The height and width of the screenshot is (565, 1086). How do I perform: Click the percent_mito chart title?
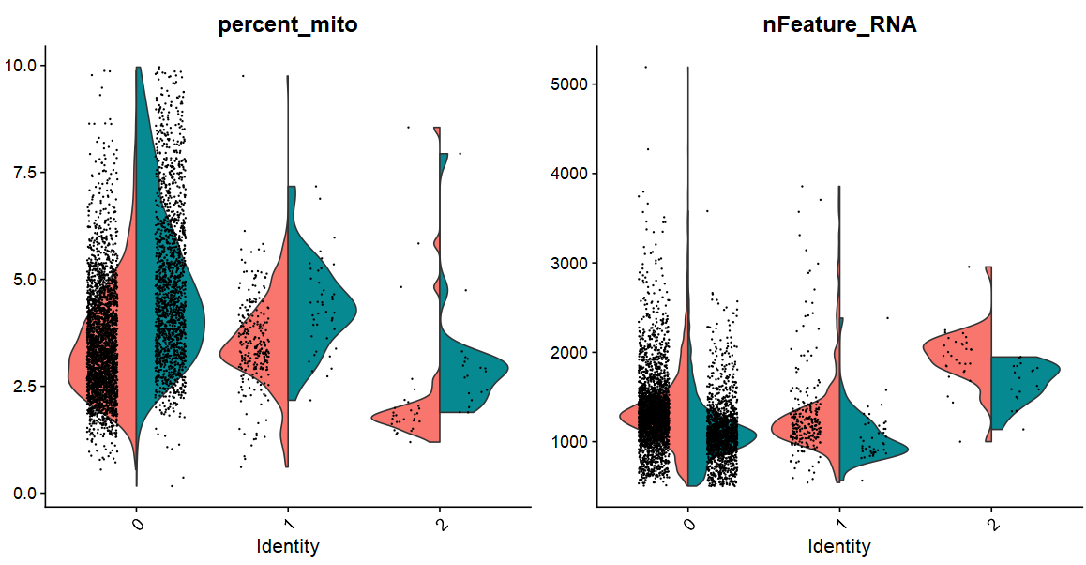pyautogui.click(x=287, y=26)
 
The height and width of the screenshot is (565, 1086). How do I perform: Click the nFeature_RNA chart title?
pyautogui.click(x=839, y=26)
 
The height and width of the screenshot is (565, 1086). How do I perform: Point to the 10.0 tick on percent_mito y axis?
pyautogui.click(x=23, y=66)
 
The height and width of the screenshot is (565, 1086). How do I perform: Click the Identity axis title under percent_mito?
pyautogui.click(x=287, y=545)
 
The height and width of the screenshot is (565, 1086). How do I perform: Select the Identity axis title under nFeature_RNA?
pyautogui.click(x=839, y=545)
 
